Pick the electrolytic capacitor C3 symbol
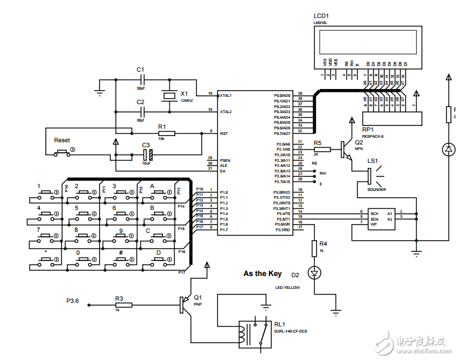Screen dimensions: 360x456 (147, 154)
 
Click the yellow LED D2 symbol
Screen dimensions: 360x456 (314, 273)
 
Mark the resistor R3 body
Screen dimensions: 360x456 (124, 305)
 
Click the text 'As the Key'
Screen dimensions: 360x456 (262, 274)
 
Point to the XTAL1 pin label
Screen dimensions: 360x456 (226, 95)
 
